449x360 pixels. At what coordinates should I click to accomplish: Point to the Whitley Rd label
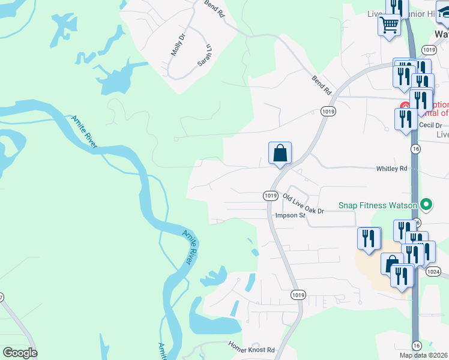point(392,169)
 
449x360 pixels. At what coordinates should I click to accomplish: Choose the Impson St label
point(290,215)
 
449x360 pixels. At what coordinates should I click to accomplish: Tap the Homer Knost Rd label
point(252,348)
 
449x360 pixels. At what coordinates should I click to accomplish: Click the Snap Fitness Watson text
point(378,205)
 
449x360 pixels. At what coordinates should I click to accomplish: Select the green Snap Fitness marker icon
point(426,205)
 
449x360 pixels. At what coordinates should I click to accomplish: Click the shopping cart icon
point(389,25)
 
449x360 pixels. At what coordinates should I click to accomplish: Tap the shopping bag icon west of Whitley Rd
point(280,153)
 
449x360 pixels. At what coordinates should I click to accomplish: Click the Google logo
point(20,352)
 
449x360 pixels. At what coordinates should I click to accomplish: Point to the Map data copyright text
point(423,355)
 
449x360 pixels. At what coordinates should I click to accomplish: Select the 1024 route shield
point(433,272)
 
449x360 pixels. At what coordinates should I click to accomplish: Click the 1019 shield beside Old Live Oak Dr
point(270,196)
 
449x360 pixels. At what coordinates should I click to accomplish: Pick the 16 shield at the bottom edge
point(416,345)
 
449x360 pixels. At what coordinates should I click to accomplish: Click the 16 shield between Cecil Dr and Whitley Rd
point(415,148)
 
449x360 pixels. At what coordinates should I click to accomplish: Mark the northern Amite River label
point(85,130)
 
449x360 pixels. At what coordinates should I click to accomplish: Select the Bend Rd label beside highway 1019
point(321,85)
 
